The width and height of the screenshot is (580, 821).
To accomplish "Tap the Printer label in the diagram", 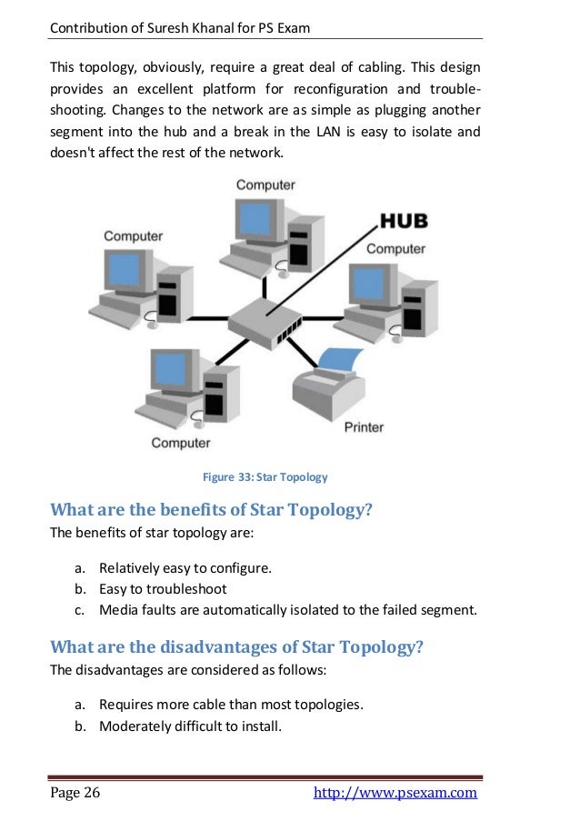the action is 364,426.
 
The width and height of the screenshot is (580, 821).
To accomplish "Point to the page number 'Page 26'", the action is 75,793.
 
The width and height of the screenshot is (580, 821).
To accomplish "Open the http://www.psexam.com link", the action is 395,793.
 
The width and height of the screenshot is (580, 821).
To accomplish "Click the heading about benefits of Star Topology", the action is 211,509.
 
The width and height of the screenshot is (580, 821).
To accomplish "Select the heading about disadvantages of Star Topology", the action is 236,646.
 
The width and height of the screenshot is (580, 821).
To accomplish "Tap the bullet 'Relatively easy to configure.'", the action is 185,567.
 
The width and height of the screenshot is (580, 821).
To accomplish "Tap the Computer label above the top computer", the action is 265,185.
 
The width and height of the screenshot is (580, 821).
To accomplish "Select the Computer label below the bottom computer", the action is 180,443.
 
